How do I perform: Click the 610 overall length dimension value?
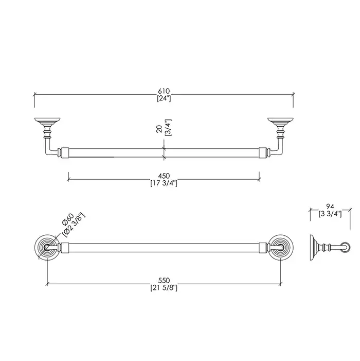[x=164, y=91]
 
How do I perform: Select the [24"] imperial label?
[x=164, y=98]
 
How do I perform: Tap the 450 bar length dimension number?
[x=164, y=176]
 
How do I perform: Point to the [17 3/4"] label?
[x=164, y=183]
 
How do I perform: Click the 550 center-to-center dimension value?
[x=164, y=281]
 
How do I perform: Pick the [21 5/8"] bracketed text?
[x=164, y=288]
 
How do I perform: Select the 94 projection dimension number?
[x=330, y=207]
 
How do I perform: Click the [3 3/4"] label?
[x=330, y=214]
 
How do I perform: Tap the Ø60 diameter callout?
[x=68, y=219]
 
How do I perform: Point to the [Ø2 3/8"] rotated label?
[x=74, y=225]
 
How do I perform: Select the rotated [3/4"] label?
[x=168, y=128]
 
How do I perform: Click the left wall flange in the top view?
[x=47, y=122]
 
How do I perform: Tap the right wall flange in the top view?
[x=280, y=122]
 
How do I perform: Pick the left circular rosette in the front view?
[x=47, y=248]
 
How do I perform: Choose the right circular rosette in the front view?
[x=280, y=248]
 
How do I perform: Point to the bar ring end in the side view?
[x=346, y=248]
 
